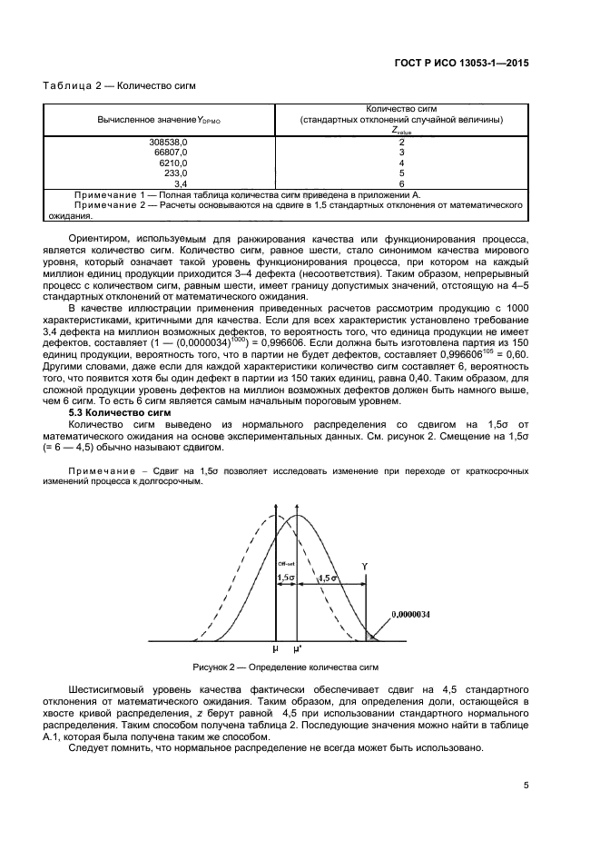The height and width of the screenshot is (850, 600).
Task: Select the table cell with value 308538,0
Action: (x=168, y=142)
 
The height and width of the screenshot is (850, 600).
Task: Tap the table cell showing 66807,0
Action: (x=170, y=152)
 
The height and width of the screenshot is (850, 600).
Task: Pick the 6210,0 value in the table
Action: (x=172, y=162)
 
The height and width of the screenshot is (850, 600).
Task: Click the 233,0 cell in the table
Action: (x=174, y=172)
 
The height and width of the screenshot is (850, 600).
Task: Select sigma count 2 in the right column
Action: (x=401, y=142)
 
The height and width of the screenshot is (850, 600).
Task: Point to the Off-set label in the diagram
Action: (x=284, y=564)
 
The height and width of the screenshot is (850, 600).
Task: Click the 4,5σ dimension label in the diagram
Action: (x=329, y=578)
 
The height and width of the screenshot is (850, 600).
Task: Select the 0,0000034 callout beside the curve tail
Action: (x=411, y=615)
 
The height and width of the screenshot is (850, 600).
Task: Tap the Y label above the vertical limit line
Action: (x=365, y=565)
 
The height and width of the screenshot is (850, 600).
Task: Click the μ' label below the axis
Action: (x=297, y=650)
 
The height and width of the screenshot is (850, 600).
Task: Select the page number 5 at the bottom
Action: (x=526, y=787)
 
